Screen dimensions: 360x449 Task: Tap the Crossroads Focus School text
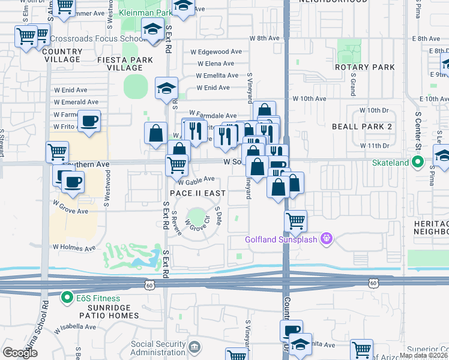point(96,39)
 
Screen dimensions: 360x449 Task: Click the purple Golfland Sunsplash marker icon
point(326,239)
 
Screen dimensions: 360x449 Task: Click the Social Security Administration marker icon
point(194,347)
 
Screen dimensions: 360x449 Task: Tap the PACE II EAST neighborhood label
point(197,193)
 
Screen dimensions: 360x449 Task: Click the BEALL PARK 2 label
point(361,127)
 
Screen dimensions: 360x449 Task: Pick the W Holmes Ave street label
point(74,247)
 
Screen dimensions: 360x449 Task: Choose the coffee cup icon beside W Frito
point(89,122)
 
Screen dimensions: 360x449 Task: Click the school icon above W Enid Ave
point(166,89)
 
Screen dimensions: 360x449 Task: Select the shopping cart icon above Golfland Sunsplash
point(295,221)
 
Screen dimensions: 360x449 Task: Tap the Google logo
point(20,352)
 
